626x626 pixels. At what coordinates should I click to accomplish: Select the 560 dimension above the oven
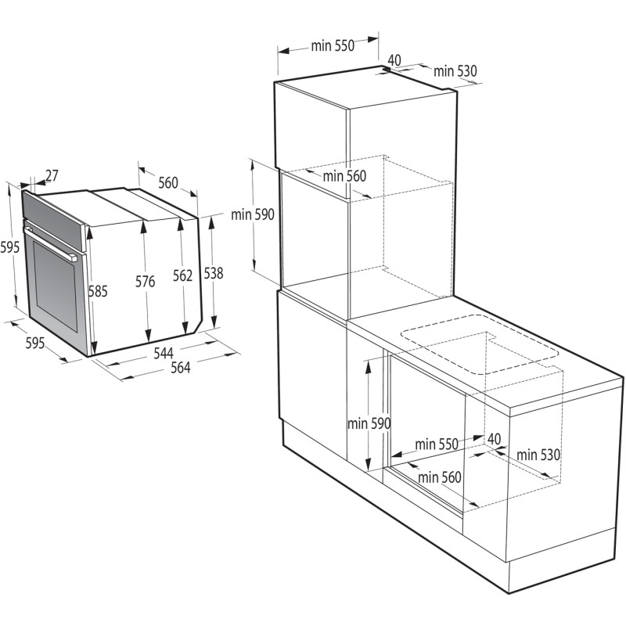(x=168, y=183)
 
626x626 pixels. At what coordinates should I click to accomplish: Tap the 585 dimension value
(x=98, y=291)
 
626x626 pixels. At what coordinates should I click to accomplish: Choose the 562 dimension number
(x=183, y=275)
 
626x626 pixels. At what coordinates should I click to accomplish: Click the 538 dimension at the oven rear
(x=213, y=273)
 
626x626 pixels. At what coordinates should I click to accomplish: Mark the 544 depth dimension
(x=164, y=354)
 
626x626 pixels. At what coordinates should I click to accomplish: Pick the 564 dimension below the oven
(x=181, y=369)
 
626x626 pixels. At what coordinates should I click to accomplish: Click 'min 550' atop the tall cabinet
(x=333, y=45)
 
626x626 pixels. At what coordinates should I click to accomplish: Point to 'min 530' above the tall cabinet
(x=455, y=71)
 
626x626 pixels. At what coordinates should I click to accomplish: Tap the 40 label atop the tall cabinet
(x=394, y=59)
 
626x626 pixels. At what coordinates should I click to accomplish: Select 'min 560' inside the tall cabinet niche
(x=345, y=176)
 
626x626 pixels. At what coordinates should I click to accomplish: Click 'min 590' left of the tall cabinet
(x=253, y=216)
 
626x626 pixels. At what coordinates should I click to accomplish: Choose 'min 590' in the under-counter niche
(x=369, y=423)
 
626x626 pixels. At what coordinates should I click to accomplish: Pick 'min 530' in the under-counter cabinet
(x=538, y=454)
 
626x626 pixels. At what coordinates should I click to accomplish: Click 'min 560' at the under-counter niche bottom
(x=440, y=477)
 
